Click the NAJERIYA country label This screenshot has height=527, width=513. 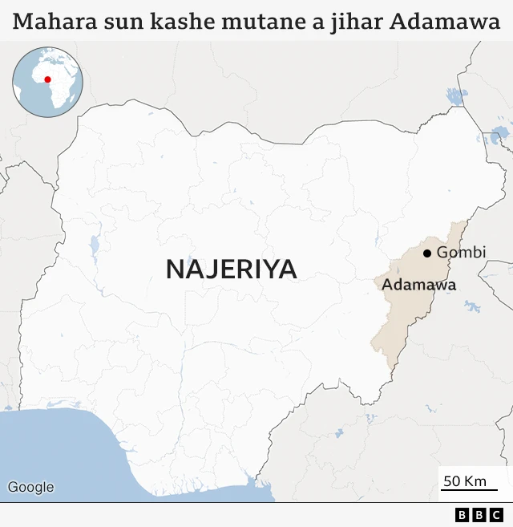231,270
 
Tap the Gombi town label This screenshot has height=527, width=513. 461,253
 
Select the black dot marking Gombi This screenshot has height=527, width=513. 427,253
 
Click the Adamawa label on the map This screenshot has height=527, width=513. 418,285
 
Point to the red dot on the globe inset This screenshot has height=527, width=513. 47,79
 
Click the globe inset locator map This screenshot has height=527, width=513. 47,82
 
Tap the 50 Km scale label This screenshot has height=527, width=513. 466,480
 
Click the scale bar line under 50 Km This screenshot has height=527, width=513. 469,490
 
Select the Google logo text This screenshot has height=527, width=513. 30,487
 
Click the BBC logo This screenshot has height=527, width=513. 479,515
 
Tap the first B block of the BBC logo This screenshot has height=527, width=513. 463,515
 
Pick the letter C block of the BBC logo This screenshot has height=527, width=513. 495,515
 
